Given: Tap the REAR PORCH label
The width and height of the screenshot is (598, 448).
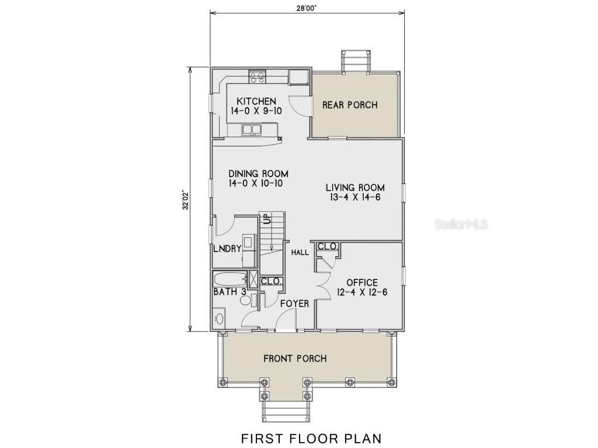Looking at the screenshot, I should pos(350,105).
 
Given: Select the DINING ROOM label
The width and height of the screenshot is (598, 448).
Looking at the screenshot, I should pos(258,174).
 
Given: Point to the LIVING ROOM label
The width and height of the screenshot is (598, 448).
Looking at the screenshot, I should pos(354,188).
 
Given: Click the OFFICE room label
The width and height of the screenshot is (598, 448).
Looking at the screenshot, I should pos(361,283).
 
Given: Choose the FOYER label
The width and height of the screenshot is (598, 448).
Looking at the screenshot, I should pos(294,304).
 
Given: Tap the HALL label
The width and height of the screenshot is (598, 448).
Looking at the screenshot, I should pos(300,253).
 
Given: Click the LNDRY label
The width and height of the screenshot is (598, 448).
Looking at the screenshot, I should pos(227,249).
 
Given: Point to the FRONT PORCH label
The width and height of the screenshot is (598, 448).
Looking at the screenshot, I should pos(295,358).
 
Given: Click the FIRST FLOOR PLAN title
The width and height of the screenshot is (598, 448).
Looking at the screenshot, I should pos(311,437).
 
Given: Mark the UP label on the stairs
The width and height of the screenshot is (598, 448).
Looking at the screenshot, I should pos(266,219).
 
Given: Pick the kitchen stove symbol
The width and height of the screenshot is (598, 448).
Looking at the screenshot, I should pos(257,76).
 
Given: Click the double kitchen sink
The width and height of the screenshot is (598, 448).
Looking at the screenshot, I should pos(252,129).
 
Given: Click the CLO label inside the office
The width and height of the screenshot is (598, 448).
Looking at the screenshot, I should pos(327,247).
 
